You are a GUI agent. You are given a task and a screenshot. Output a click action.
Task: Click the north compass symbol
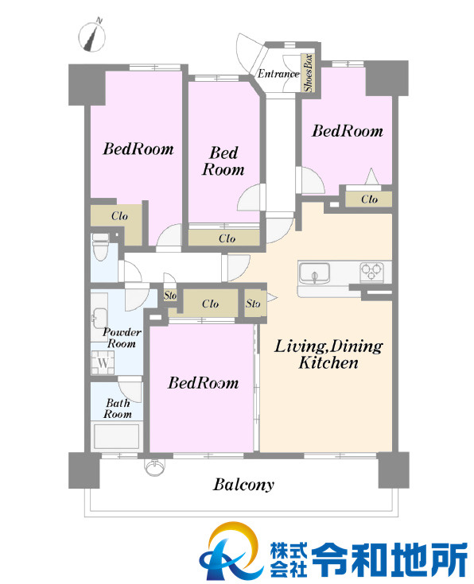91,37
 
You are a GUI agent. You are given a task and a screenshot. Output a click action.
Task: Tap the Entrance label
278,74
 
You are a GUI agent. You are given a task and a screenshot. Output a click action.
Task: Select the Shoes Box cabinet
308,73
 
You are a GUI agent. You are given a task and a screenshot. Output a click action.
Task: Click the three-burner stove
371,272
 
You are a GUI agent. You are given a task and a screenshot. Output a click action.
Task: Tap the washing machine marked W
103,362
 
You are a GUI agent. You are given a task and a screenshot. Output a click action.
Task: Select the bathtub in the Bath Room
116,436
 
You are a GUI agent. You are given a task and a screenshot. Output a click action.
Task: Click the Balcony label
243,485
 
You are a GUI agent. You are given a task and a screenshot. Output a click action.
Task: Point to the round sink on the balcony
154,467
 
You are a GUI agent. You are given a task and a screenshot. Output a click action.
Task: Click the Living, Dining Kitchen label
328,354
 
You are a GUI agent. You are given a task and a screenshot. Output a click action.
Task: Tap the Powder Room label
122,338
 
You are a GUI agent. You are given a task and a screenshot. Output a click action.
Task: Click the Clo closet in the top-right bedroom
368,199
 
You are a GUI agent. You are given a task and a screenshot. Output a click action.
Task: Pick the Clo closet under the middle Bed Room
223,238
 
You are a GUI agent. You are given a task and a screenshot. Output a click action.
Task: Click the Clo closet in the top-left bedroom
116,225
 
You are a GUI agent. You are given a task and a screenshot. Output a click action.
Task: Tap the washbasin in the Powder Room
99,317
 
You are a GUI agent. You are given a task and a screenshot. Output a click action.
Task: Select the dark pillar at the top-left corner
87,85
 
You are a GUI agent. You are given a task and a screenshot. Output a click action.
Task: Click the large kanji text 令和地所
388,559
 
